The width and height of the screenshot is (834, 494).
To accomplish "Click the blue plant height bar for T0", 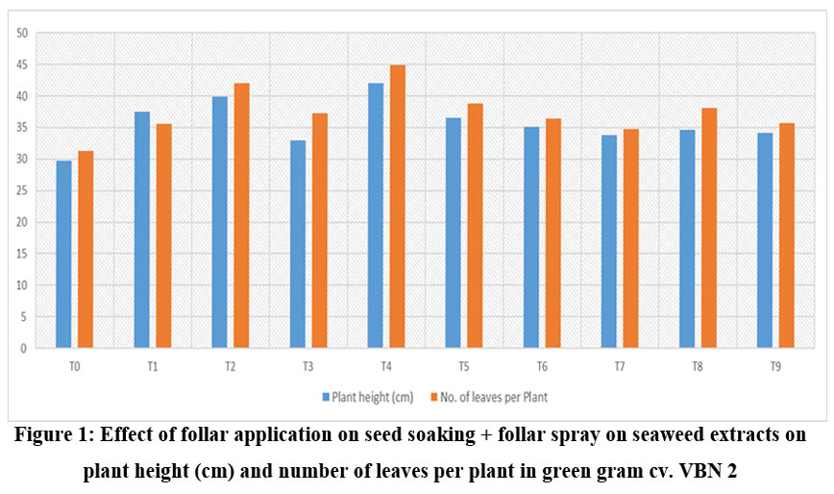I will click(x=63, y=255).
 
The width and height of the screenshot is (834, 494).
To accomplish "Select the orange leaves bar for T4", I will click(x=398, y=207).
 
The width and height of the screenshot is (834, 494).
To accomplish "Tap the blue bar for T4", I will click(x=375, y=216).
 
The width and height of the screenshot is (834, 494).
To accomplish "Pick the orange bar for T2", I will click(x=242, y=216).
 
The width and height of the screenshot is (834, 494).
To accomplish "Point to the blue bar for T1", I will click(x=142, y=231).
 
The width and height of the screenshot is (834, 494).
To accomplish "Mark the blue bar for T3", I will click(x=298, y=244).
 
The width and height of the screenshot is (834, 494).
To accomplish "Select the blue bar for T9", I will click(x=765, y=240).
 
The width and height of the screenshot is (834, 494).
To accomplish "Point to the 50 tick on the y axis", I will click(x=22, y=34).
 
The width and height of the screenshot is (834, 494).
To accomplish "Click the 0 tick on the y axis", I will click(x=25, y=348).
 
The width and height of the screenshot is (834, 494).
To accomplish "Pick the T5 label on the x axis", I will click(x=464, y=366).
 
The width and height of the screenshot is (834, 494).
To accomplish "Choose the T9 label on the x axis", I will click(x=775, y=366).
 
